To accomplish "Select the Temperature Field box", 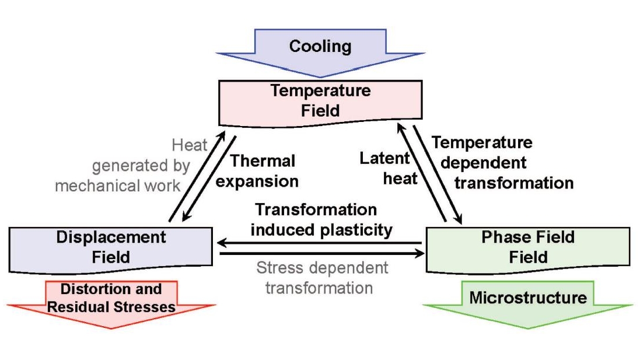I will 320,101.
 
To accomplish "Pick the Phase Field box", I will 528,247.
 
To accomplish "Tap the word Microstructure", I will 528,298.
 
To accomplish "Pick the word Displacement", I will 111,237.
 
